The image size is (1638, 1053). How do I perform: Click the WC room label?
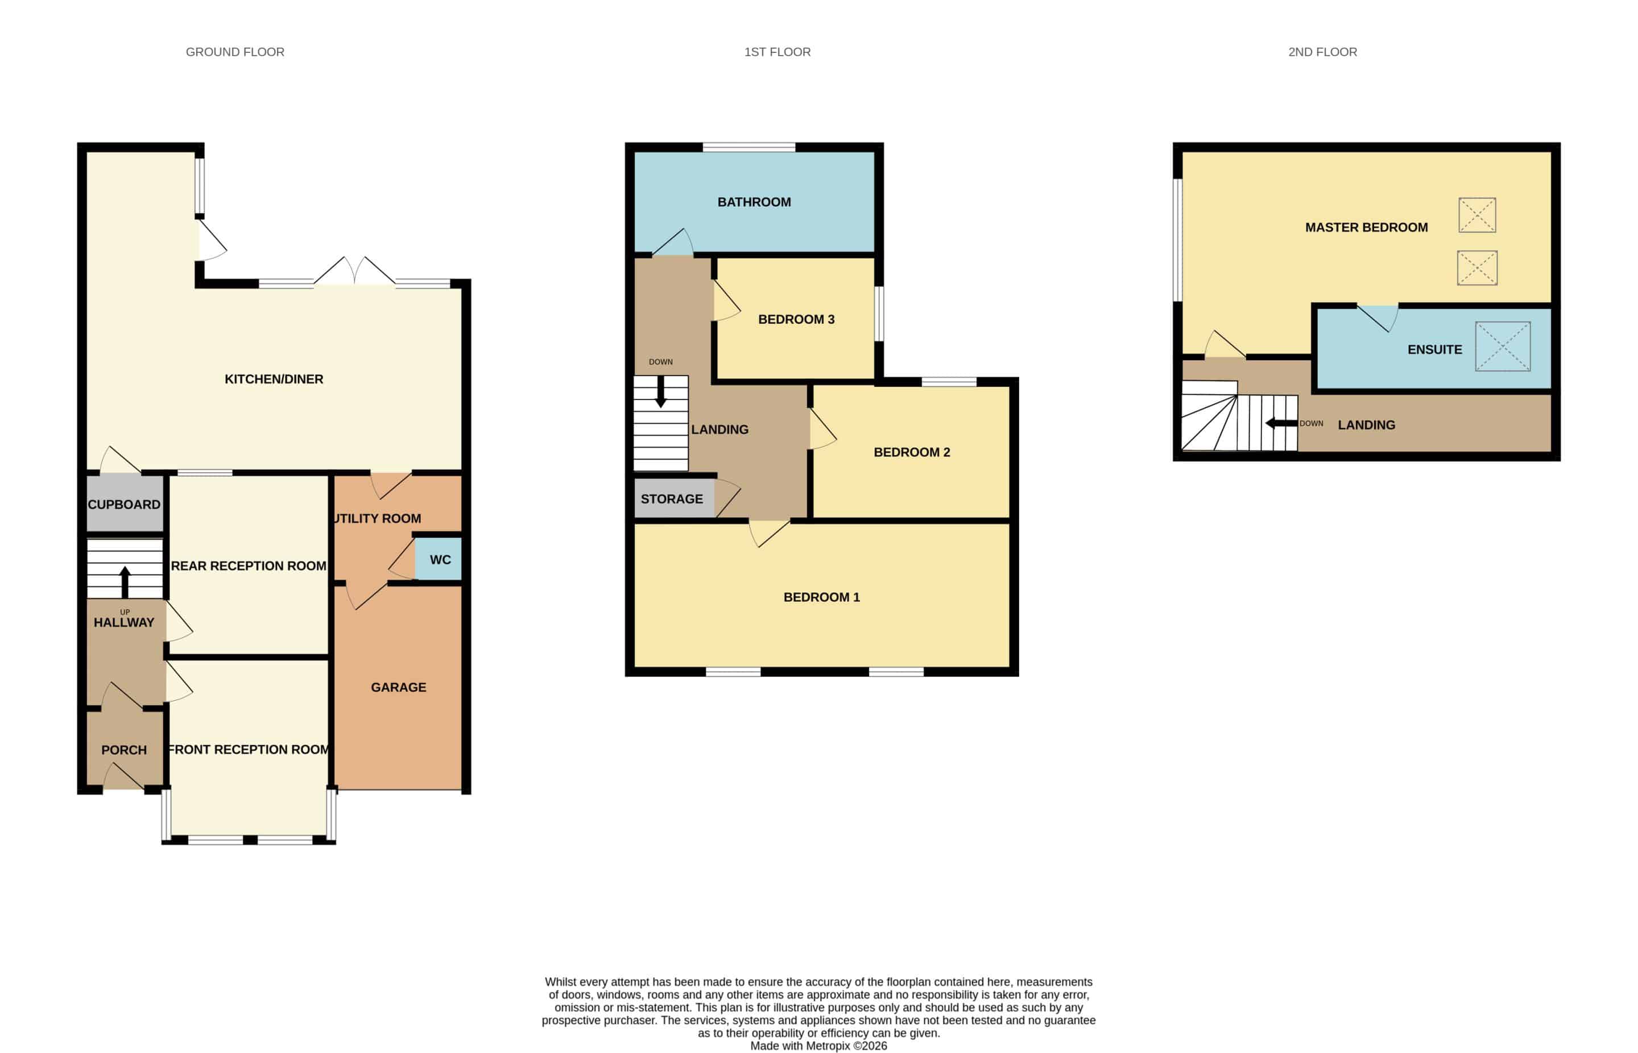[440, 560]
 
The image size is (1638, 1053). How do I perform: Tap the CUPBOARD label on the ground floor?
[124, 505]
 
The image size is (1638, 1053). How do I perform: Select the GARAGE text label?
[399, 687]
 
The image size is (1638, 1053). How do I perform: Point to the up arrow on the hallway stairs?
[125, 582]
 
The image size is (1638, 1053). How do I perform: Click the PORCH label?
[124, 750]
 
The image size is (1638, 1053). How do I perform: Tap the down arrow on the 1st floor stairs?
[660, 391]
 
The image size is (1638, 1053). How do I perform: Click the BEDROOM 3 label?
[796, 319]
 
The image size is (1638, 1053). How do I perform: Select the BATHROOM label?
[754, 203]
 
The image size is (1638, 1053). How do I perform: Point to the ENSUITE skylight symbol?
[1503, 346]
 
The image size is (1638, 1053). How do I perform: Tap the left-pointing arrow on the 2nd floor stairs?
[1281, 423]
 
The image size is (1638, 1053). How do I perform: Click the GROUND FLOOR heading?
[235, 52]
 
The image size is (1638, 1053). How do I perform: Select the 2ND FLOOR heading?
[1323, 52]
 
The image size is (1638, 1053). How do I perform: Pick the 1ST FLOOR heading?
[777, 52]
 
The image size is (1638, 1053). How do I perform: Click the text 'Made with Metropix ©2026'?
[818, 1046]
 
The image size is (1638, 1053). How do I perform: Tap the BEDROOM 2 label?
[912, 452]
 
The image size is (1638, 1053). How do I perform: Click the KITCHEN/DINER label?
[274, 379]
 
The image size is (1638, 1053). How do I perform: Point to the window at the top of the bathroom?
[748, 147]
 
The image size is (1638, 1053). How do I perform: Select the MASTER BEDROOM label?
[1367, 228]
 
